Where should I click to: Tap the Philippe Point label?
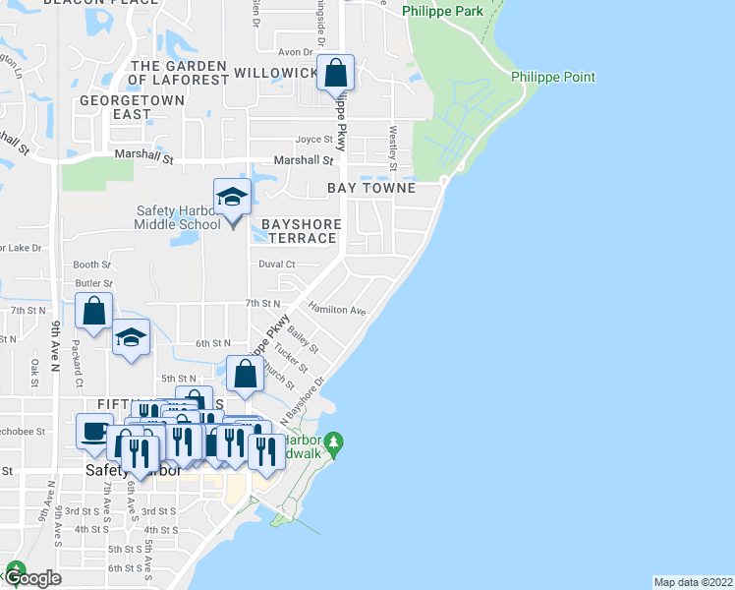coord(553,77)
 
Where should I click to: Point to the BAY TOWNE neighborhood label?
coord(372,188)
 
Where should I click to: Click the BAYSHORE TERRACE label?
coord(302,231)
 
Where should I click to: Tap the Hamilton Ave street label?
coord(337,310)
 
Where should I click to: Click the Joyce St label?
coord(314,140)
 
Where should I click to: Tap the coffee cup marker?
coord(94,432)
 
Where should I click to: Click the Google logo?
coord(30,578)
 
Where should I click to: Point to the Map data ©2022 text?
coord(693,581)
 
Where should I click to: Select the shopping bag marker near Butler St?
coord(93,312)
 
